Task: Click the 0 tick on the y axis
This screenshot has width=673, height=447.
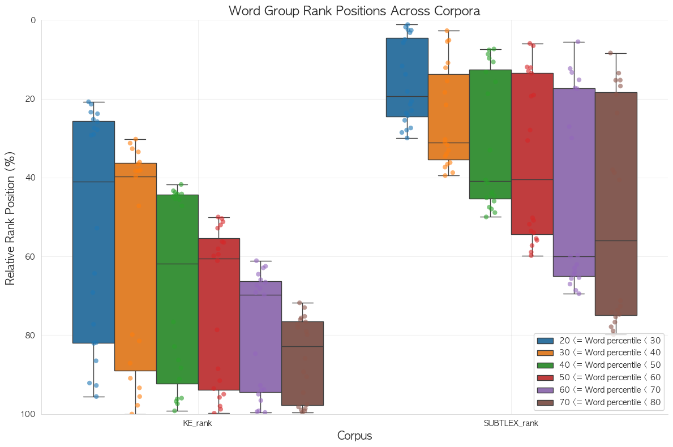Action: pos(33,20)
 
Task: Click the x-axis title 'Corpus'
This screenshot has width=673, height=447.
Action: pos(354,436)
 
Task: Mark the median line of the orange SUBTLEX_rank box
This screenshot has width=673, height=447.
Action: pos(449,143)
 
